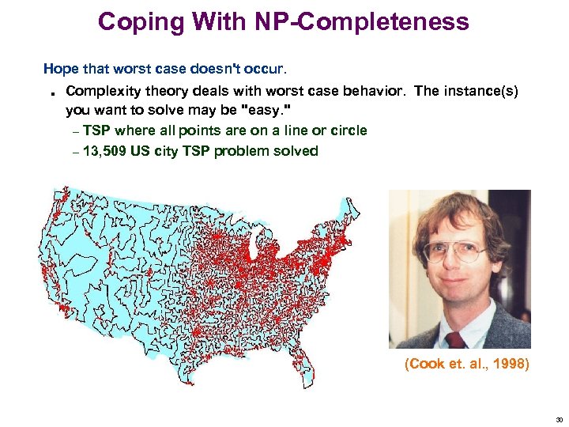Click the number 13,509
[106, 151]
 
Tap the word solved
[297, 151]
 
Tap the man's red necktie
[457, 340]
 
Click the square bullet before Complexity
[51, 93]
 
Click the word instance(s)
[480, 91]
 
